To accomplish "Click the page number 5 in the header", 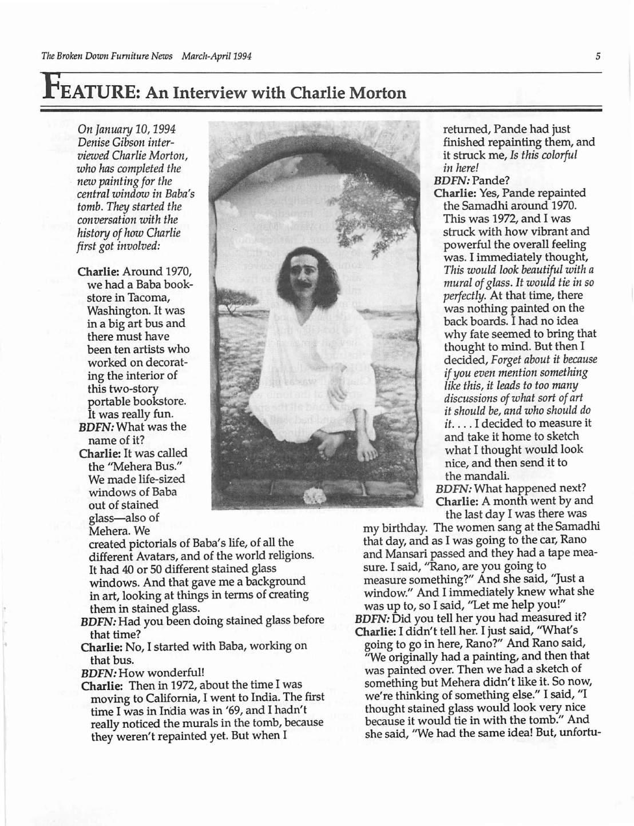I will coord(597,56).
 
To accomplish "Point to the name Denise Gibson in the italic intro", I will coord(109,142).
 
